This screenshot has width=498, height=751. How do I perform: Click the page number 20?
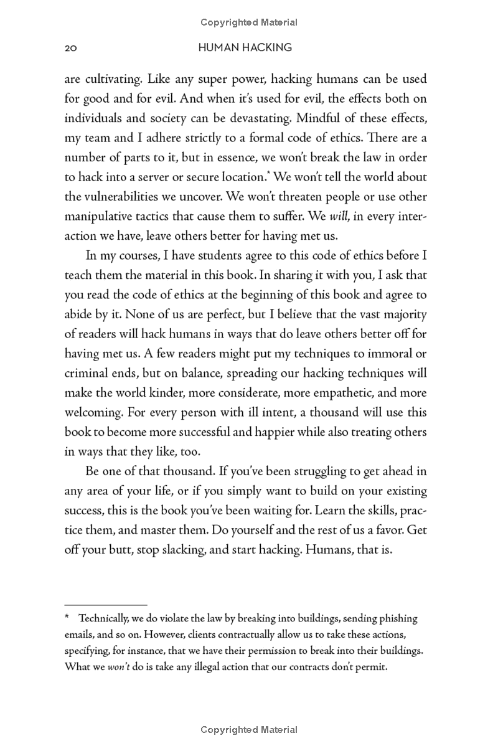[70, 48]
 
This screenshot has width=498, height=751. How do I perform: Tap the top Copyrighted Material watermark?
[248, 22]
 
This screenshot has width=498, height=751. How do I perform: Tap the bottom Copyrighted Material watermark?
[248, 729]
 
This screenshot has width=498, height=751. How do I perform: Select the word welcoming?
[93, 412]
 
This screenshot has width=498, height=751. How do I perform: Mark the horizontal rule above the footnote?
[106, 604]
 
